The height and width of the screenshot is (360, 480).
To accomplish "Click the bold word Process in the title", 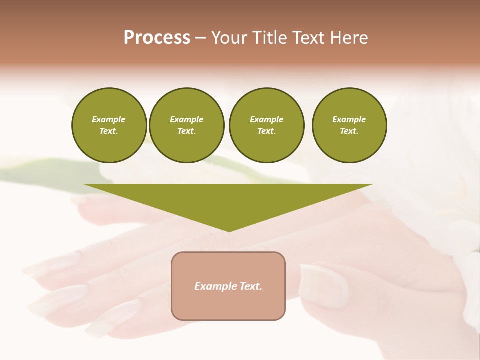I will tap(157, 38).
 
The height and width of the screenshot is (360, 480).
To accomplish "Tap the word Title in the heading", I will tap(269, 38).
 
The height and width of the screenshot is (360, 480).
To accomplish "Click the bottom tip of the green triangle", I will tap(229, 230).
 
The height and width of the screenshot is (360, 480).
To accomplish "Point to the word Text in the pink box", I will tap(251, 286).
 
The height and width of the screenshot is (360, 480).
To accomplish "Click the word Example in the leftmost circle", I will tap(109, 119).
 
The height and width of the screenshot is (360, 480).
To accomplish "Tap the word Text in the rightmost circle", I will tap(349, 131).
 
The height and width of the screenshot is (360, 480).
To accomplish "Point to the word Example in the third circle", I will tap(266, 119).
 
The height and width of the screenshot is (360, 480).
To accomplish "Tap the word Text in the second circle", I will tap(186, 131).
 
